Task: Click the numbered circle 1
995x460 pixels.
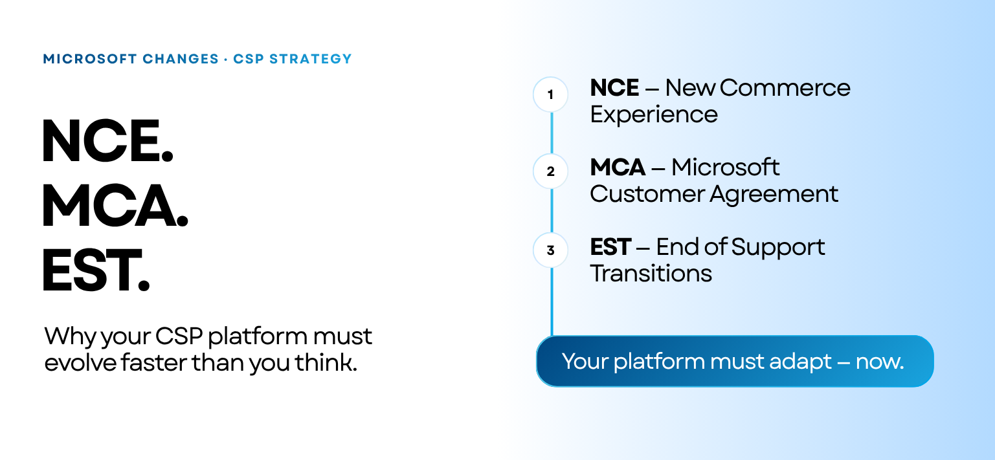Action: (x=550, y=95)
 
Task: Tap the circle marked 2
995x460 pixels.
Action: (x=550, y=171)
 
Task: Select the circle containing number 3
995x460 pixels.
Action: (x=550, y=250)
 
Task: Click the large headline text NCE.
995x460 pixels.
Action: (x=107, y=142)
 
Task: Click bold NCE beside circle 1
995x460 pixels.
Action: (x=614, y=88)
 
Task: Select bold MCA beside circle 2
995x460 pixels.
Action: (x=618, y=168)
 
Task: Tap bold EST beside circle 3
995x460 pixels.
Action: (x=610, y=247)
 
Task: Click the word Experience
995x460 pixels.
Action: (x=654, y=115)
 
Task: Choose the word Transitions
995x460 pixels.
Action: (x=651, y=274)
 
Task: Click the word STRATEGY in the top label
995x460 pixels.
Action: (x=311, y=59)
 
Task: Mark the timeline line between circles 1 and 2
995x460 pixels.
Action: (x=552, y=133)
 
